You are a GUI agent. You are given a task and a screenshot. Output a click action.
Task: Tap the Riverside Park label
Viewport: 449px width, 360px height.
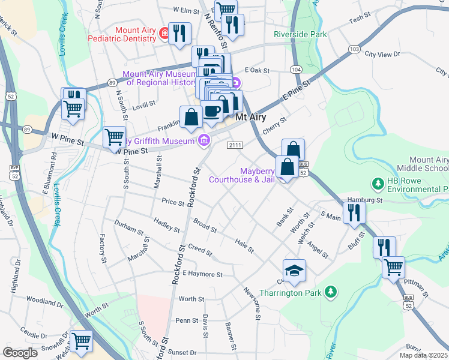point(300,34)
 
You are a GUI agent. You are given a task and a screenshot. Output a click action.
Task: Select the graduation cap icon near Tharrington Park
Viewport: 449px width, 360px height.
point(294,271)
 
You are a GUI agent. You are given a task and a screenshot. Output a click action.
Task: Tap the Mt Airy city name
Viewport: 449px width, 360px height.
point(250,117)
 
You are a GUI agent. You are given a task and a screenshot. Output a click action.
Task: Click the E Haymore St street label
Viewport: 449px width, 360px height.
point(203,274)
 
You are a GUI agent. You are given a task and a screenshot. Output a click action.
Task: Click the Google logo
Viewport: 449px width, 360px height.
point(20,353)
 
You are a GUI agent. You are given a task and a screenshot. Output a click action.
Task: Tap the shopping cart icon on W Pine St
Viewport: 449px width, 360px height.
point(114,136)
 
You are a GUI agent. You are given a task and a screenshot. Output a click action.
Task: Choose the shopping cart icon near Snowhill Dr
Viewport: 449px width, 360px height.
point(81,341)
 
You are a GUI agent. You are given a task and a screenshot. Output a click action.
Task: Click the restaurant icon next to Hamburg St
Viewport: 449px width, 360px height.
point(354,211)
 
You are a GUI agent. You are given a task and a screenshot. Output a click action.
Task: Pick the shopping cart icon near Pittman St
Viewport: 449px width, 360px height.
point(393,266)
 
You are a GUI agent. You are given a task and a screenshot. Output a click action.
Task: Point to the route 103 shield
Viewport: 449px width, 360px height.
point(354,48)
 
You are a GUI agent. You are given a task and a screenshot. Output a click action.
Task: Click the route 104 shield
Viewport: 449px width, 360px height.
point(295,70)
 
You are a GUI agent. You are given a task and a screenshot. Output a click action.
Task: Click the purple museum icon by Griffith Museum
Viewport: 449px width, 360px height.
point(204,140)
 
